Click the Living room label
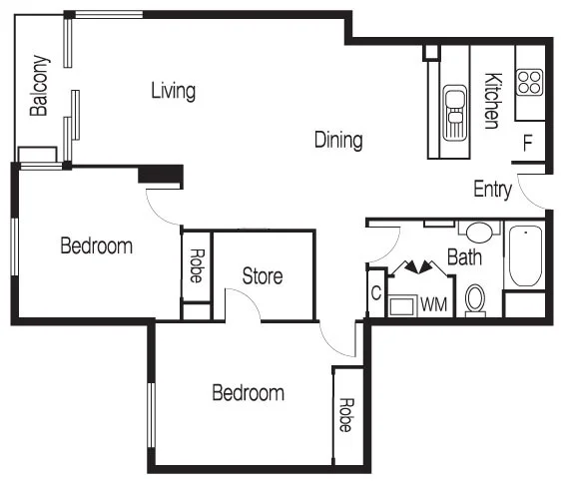pos(173,91)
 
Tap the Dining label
pos(338,140)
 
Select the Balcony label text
pos(39,86)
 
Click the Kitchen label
pos(491,100)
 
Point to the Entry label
pos(492,190)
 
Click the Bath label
pos(464,257)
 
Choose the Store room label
pos(263,276)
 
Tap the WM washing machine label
pos(433,303)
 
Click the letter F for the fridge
pos(527,143)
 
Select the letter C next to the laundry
pos(376,293)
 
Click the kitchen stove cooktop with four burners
pos(529,81)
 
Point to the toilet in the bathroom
pos(475,299)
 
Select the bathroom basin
pos(480,233)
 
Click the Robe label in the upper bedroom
pos(196,265)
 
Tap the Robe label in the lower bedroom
pos(345,414)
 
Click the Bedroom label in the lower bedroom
pos(248,393)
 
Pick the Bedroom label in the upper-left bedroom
pos(96,245)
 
